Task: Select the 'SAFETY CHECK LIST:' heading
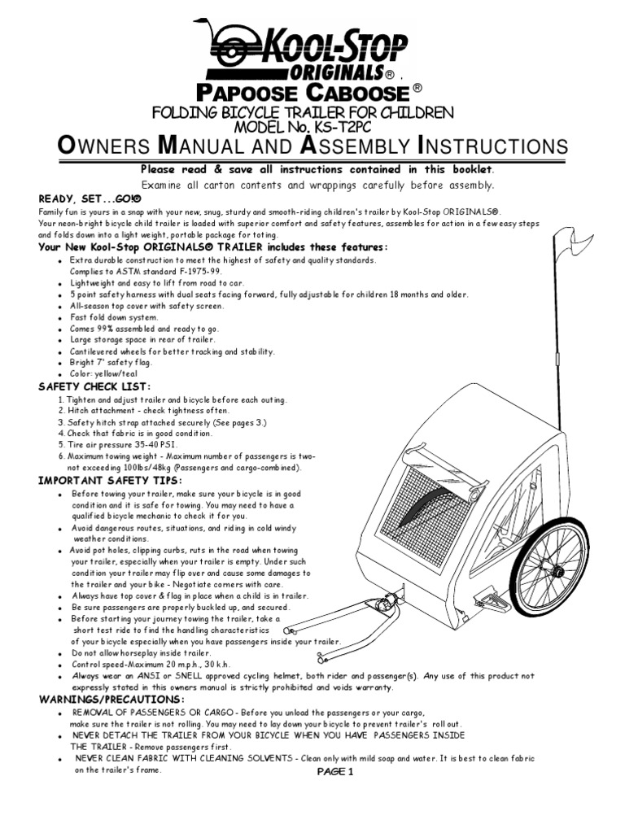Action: (94, 386)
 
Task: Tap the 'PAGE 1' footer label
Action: (334, 772)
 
